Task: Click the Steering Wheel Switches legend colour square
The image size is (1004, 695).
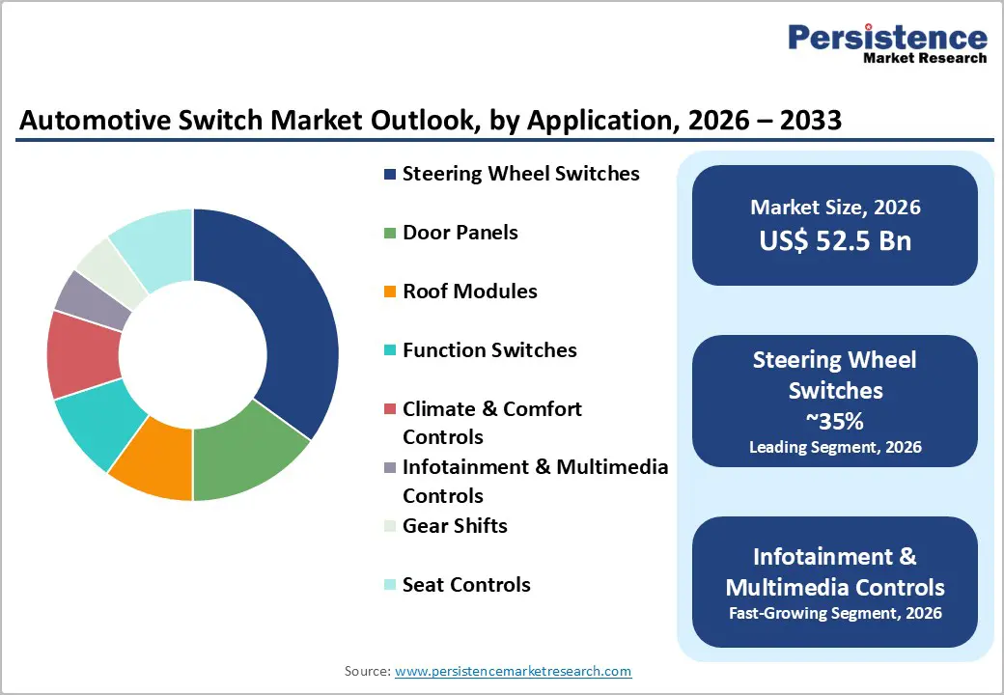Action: pyautogui.click(x=390, y=175)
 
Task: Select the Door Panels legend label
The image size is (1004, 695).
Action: pyautogui.click(x=460, y=233)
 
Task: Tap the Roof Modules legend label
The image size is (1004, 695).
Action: pyautogui.click(x=469, y=292)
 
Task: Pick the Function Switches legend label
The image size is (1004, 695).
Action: pyautogui.click(x=489, y=350)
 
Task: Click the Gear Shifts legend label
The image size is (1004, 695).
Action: pyautogui.click(x=455, y=526)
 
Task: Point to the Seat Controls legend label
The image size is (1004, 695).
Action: pyautogui.click(x=466, y=585)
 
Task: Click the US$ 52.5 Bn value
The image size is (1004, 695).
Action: pyautogui.click(x=835, y=241)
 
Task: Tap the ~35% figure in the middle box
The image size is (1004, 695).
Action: pyautogui.click(x=835, y=422)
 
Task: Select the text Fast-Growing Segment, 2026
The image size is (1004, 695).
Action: pyautogui.click(x=835, y=613)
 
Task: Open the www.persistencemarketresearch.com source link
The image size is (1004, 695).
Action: pyautogui.click(x=513, y=671)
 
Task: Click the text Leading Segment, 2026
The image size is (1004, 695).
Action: pyautogui.click(x=835, y=447)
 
